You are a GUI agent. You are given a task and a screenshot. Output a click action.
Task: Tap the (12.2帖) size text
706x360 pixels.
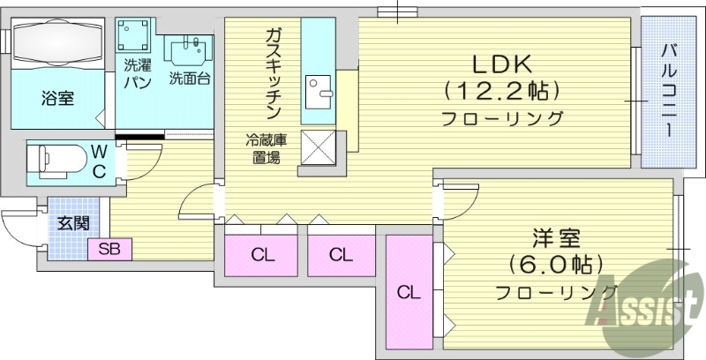(x=502, y=90)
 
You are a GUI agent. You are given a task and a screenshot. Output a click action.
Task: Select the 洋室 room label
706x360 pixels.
(x=555, y=237)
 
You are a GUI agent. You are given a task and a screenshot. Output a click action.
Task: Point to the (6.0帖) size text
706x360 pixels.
(x=556, y=264)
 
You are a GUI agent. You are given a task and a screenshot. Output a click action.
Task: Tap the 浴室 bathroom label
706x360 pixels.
(x=57, y=97)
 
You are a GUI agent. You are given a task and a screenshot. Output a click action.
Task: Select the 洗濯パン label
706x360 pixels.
(x=137, y=72)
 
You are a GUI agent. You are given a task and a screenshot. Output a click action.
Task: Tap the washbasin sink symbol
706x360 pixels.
(x=188, y=48)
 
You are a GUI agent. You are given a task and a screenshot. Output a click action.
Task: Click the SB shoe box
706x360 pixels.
(x=110, y=250)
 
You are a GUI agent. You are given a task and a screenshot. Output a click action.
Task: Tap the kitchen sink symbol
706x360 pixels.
(x=317, y=88)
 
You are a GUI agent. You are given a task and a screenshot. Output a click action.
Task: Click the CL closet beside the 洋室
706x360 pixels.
(x=409, y=291)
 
